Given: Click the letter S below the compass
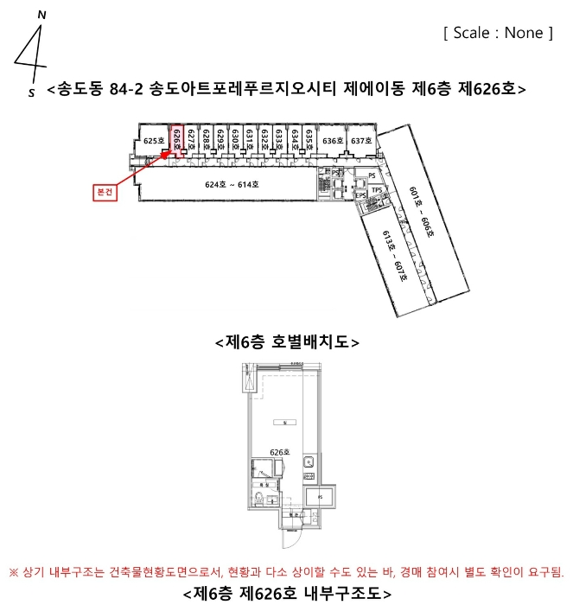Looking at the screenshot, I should [32, 91].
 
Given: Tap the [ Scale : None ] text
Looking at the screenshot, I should [498, 33].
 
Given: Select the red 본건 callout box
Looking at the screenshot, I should [104, 193].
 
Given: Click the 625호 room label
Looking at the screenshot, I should [154, 140].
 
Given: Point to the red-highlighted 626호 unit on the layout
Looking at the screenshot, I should [176, 139].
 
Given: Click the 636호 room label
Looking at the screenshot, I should [333, 140].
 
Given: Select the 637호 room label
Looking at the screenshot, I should [360, 140].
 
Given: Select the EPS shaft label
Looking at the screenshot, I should [360, 196].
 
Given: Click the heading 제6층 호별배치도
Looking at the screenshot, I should [286, 342].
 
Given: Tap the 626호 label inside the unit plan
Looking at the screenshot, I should [278, 451].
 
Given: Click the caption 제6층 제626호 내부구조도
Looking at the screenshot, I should [286, 594].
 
